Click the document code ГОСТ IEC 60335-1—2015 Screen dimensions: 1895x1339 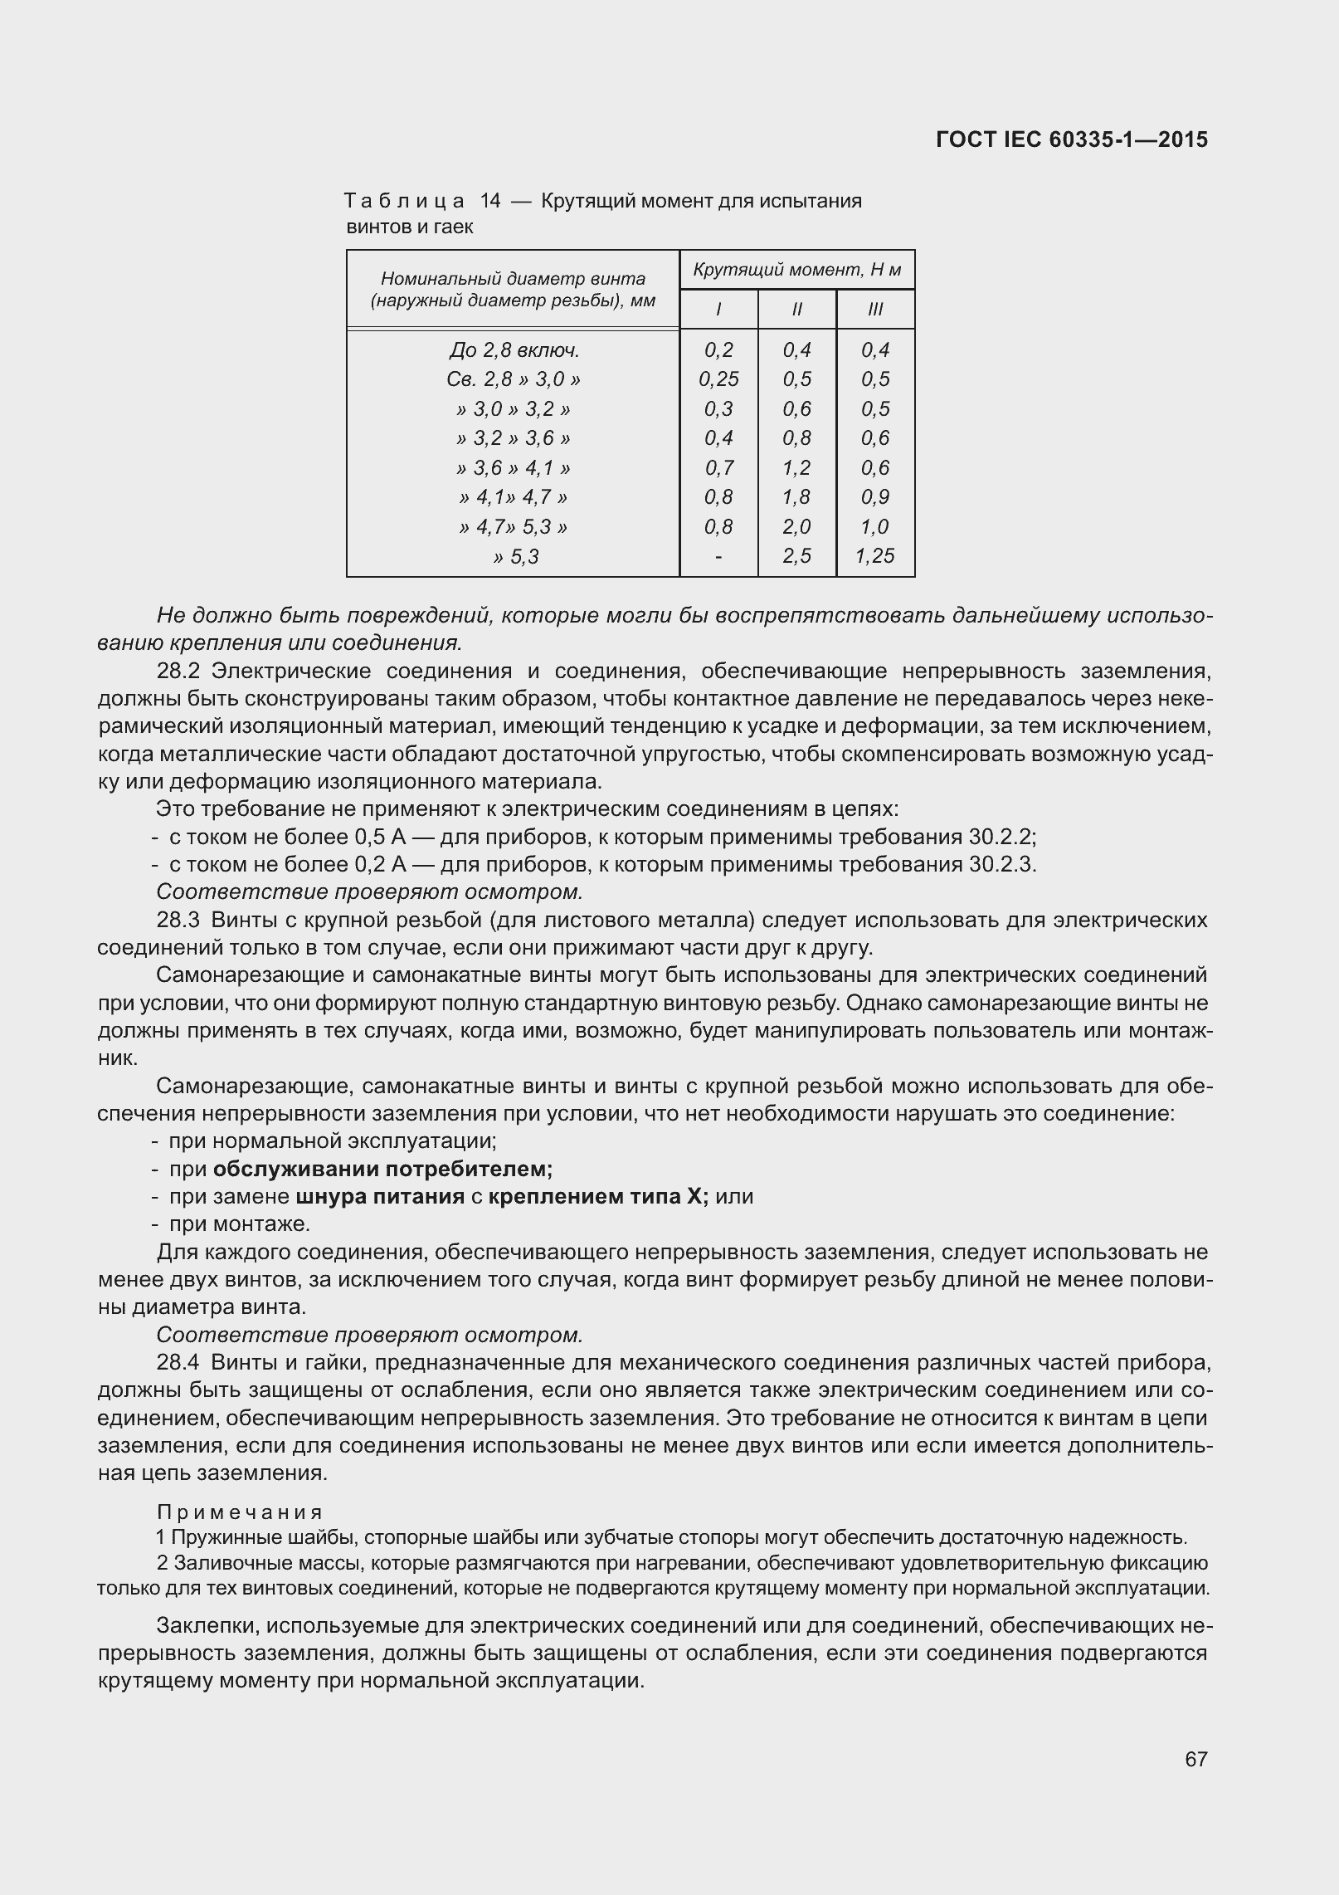pos(1071,139)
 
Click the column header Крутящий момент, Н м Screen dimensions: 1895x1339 pos(796,270)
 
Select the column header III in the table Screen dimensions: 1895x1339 pos(875,310)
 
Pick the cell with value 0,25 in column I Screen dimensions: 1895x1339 pos(718,379)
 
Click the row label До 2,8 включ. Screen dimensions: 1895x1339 pos(514,349)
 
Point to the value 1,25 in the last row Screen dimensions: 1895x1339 pos(875,556)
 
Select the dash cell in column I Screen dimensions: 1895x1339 pos(718,556)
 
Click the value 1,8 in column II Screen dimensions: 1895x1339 pos(796,497)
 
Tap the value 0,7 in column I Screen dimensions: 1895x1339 pos(718,468)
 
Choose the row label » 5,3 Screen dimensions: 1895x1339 pos(514,557)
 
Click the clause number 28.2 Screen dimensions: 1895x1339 pos(178,671)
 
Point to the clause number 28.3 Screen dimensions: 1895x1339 pos(178,920)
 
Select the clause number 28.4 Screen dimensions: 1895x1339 pos(178,1363)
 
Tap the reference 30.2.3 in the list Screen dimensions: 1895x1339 pos(1001,864)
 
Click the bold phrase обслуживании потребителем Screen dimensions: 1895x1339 pos(382,1169)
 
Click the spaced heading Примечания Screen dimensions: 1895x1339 pos(239,1512)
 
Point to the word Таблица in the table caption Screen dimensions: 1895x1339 pos(404,201)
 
